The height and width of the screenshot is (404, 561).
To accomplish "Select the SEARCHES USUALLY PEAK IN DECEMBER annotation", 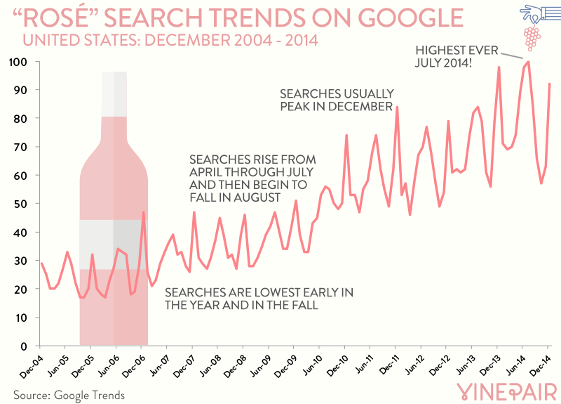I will (x=337, y=100).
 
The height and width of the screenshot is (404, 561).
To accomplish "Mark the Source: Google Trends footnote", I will (x=69, y=395).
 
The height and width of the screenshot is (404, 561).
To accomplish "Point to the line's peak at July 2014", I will (x=528, y=62).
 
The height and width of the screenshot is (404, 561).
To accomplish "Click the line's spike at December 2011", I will (x=398, y=107).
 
